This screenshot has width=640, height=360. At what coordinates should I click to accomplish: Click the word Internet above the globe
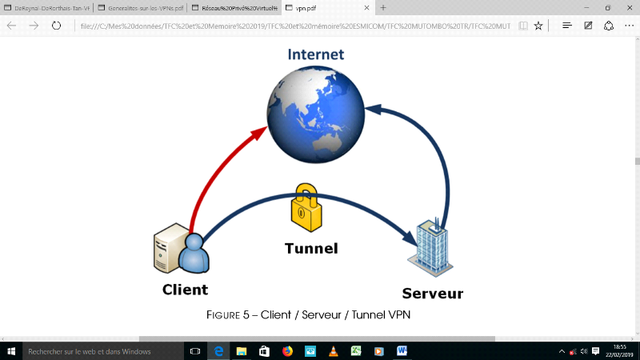point(316,55)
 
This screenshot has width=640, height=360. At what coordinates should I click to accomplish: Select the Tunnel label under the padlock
point(311,248)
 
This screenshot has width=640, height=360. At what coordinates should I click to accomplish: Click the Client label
point(185,290)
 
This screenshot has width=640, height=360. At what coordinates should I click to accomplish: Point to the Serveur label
point(433,294)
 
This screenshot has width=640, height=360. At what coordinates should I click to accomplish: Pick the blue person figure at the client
point(194,254)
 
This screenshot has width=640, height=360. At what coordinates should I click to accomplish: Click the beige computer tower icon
point(168,250)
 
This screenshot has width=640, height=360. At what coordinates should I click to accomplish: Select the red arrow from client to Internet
point(216,172)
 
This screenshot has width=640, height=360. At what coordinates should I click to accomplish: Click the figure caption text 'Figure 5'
point(231,315)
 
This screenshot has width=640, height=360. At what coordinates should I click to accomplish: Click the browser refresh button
point(57,26)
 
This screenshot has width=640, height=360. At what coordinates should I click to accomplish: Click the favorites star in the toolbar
point(538,26)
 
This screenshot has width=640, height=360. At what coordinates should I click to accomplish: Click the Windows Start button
point(10,351)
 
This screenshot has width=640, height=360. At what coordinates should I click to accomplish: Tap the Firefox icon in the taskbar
point(287,351)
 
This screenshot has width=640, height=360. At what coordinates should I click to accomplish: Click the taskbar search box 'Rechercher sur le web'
point(96,351)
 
